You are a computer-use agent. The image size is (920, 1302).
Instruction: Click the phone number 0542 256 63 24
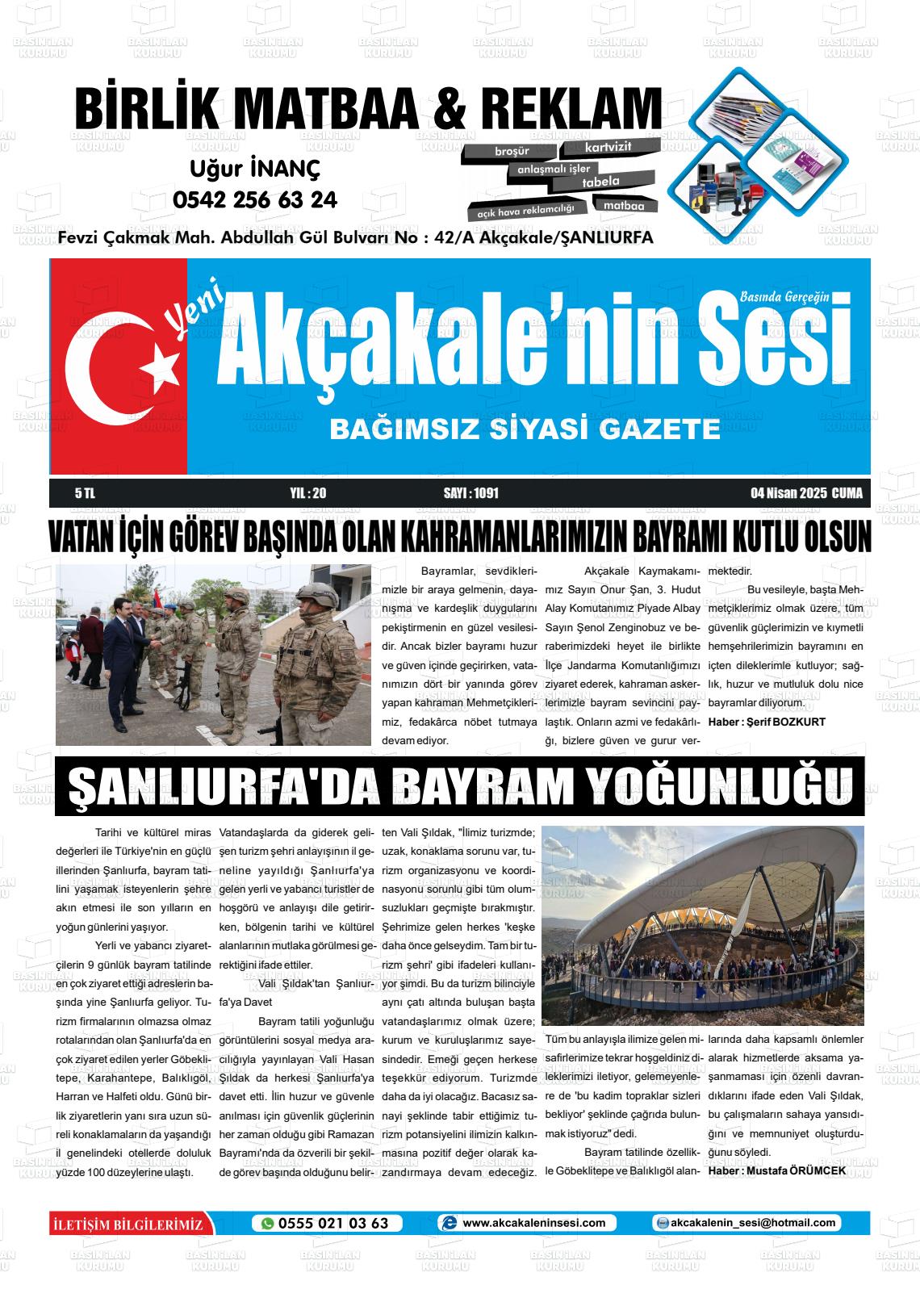(x=255, y=199)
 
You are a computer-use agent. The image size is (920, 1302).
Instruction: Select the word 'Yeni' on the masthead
(x=186, y=316)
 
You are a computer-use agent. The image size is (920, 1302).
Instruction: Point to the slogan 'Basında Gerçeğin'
(x=784, y=296)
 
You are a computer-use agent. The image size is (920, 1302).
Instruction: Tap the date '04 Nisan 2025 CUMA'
(x=806, y=493)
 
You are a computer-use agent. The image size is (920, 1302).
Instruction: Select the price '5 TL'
(x=85, y=493)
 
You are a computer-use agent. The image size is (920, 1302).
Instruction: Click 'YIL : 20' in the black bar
(x=307, y=493)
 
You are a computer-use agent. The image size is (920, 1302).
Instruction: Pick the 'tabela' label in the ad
(x=600, y=182)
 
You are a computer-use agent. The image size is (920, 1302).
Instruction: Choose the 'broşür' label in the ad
(x=512, y=152)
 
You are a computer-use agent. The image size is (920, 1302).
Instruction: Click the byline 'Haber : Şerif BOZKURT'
(x=767, y=722)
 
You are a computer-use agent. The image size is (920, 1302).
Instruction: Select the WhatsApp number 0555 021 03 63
(x=333, y=1223)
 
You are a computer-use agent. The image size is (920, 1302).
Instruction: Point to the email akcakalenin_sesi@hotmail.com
(x=753, y=1223)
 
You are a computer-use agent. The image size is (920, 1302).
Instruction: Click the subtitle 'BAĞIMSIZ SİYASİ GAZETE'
(x=525, y=429)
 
